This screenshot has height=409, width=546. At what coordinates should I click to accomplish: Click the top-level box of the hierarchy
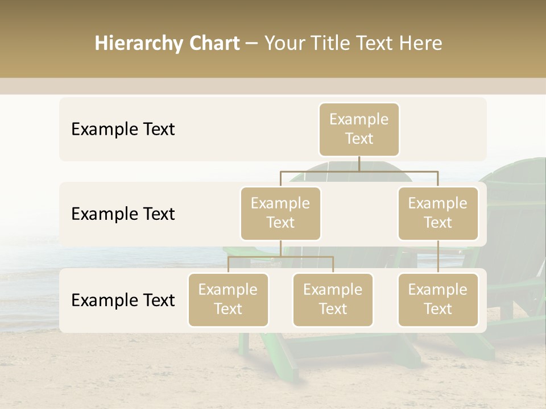tap(359, 129)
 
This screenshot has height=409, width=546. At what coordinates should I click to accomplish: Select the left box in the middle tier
tap(280, 213)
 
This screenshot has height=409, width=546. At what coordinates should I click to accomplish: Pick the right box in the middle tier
tap(438, 213)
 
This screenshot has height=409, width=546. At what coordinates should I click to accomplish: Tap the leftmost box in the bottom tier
tap(228, 299)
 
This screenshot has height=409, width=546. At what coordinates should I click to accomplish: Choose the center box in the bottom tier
tap(333, 299)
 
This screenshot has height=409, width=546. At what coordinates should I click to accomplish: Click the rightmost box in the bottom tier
tap(438, 299)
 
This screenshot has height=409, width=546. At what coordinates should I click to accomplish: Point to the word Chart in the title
tap(213, 43)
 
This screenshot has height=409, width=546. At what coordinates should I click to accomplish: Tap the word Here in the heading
tap(421, 43)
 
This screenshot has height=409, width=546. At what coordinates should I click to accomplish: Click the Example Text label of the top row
tap(123, 129)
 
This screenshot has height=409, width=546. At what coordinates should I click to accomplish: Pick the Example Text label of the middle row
tap(123, 214)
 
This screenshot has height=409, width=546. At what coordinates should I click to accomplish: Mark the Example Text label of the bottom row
tap(123, 300)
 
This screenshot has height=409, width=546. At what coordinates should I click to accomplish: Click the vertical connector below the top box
tap(359, 164)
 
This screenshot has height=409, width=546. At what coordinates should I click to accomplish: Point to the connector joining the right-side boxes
tap(438, 257)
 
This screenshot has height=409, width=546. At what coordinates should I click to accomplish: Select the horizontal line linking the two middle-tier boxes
tap(359, 171)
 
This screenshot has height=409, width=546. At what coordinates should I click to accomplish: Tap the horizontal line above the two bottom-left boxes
tap(280, 257)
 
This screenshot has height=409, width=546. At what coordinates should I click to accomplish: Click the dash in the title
tap(251, 44)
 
